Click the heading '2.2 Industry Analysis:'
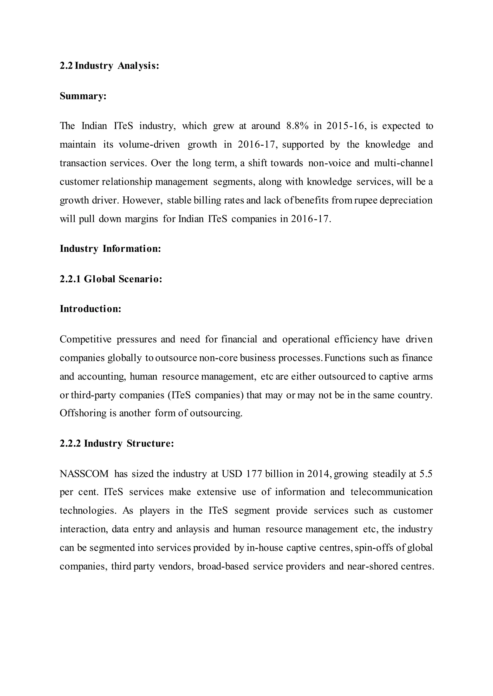click(x=109, y=66)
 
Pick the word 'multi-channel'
click(x=403, y=163)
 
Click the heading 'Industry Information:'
click(x=110, y=249)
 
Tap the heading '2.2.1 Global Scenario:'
click(x=111, y=279)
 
